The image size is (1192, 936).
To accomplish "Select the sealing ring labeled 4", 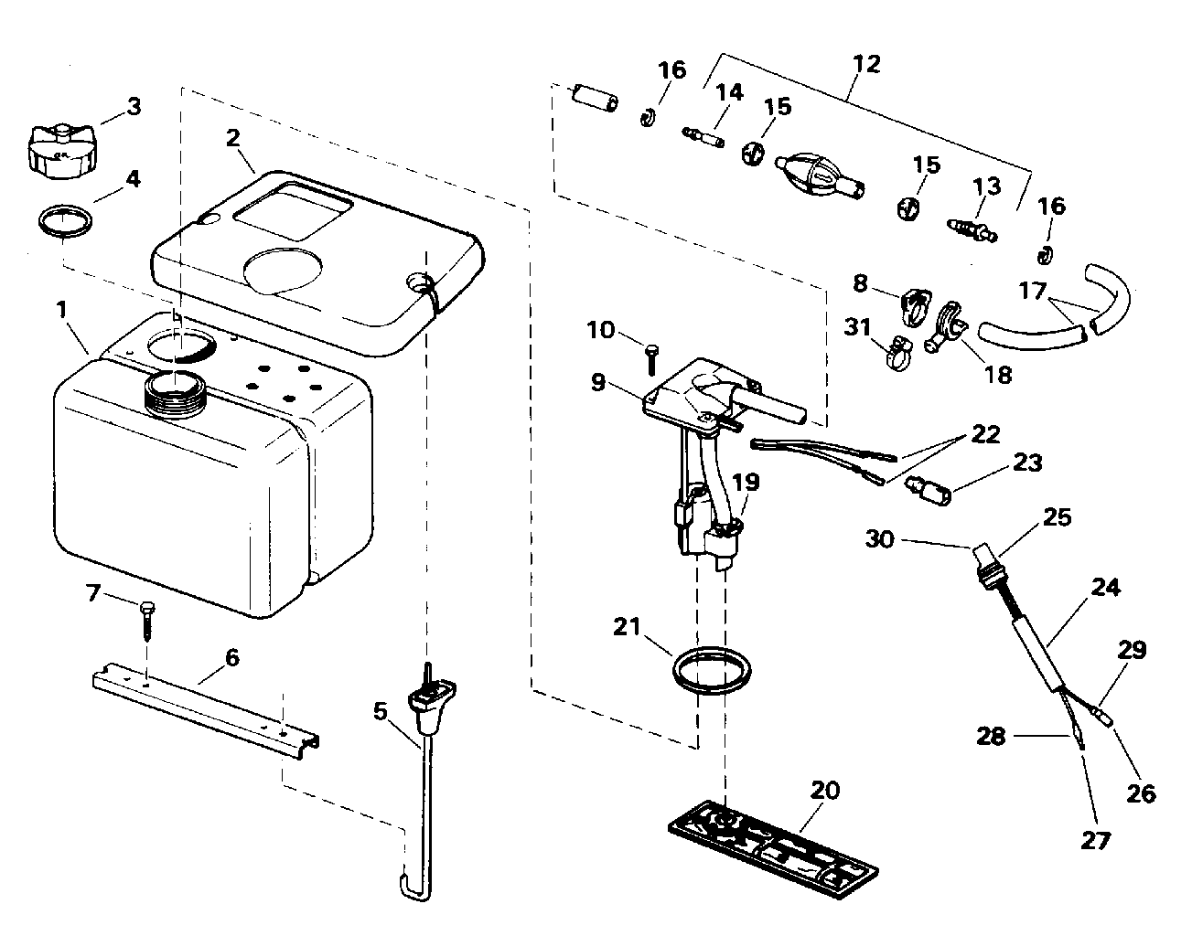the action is (65, 221).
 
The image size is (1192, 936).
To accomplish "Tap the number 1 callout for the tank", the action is (61, 309).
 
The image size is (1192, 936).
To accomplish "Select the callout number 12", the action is (866, 64).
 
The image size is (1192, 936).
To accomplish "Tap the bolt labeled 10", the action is (652, 359).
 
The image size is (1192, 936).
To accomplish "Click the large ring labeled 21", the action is (712, 671).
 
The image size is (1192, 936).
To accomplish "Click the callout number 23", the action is (1027, 463).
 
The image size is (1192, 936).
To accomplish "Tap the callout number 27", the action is (1095, 841).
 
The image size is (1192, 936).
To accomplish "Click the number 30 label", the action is (880, 539).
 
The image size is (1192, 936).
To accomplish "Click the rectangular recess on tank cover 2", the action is (294, 211).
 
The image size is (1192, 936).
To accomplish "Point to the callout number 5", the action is (380, 711).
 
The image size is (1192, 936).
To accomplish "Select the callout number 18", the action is (998, 375).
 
